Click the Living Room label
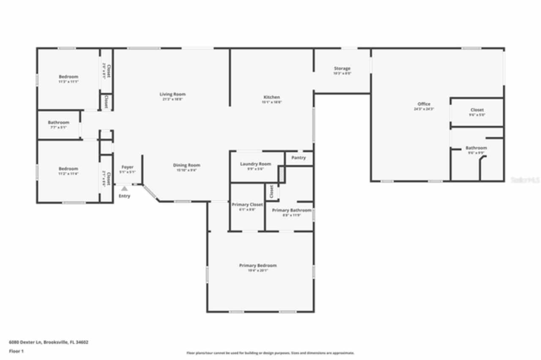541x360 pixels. [172, 94]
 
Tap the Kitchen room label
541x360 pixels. [271, 97]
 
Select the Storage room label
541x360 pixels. [342, 68]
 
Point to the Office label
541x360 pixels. [424, 104]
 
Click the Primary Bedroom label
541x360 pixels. [258, 265]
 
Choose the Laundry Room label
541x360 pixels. [255, 164]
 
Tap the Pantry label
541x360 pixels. [298, 158]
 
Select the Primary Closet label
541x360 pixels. [247, 205]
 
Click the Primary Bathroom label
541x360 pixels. [292, 210]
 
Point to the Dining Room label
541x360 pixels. [186, 165]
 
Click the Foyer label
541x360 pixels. [127, 167]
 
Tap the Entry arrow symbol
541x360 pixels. [124, 188]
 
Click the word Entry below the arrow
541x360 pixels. [124, 196]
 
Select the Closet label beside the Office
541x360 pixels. [477, 110]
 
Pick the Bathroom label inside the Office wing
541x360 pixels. [476, 148]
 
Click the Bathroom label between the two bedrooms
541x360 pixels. [58, 123]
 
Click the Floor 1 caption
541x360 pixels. [16, 351]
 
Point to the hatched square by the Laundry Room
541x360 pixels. [281, 174]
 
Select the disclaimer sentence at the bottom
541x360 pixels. [270, 353]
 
